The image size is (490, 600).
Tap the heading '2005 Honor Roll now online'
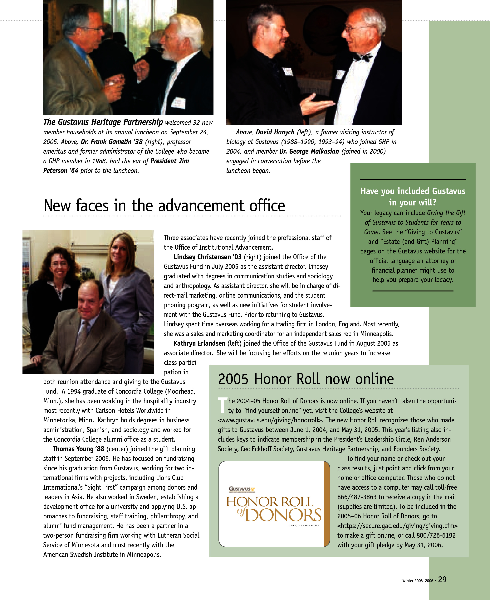(x=306, y=379)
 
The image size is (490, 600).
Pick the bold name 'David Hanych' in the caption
(x=275, y=132)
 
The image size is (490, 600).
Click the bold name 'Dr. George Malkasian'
(x=309, y=151)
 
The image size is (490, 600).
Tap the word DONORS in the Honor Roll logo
(x=283, y=515)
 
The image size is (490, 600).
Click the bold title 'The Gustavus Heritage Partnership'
(x=103, y=122)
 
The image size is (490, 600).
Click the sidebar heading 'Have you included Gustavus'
(x=413, y=191)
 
